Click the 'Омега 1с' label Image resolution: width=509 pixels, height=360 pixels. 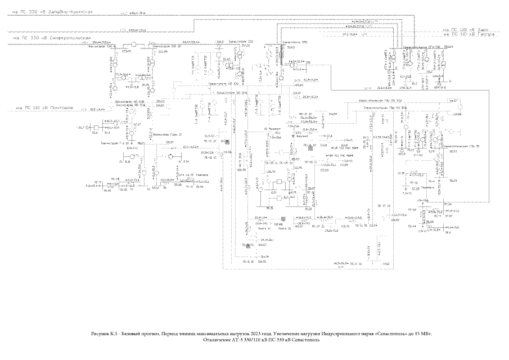pos(264,228)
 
